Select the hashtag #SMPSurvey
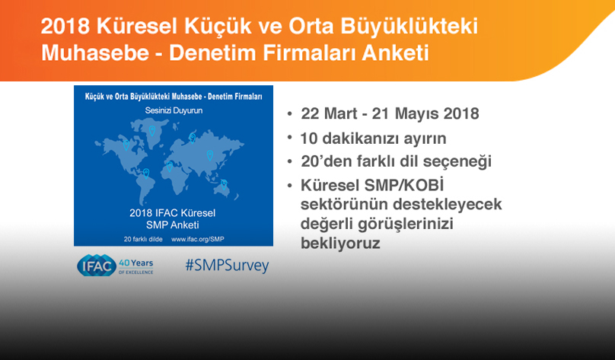[227, 266]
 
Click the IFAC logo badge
[95, 265]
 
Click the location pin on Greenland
[152, 129]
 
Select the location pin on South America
[145, 173]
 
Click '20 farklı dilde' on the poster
[145, 238]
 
